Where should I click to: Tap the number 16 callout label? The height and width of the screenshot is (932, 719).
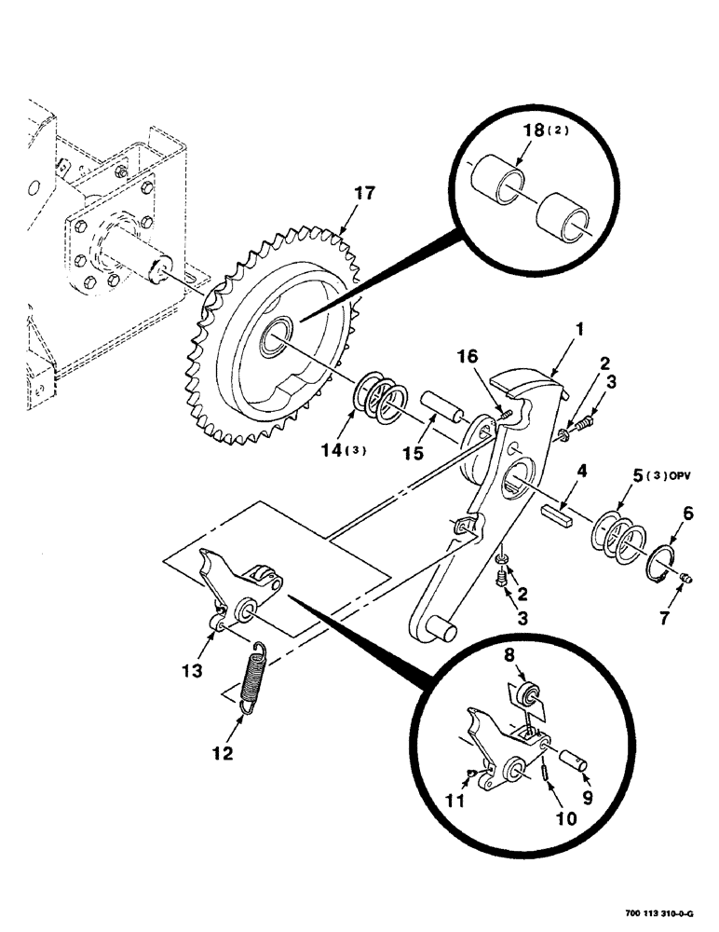click(x=469, y=358)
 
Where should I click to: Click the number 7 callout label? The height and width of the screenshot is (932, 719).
click(x=690, y=616)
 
